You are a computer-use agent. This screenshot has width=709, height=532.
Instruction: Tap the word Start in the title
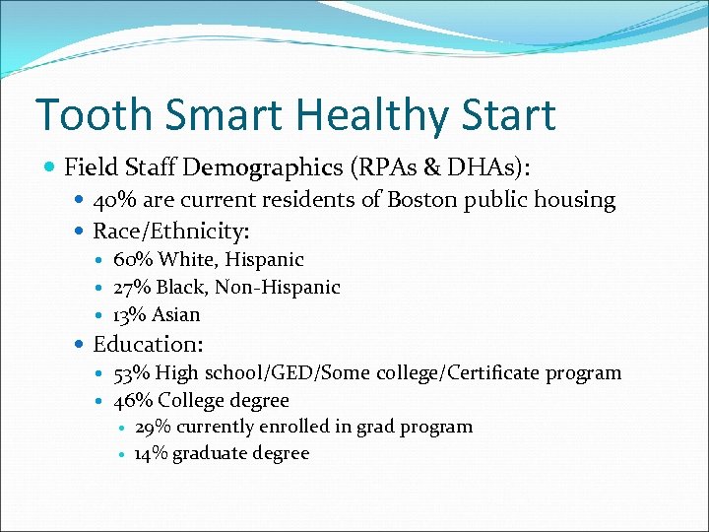(506, 115)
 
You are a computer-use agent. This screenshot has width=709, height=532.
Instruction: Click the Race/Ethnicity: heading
(170, 232)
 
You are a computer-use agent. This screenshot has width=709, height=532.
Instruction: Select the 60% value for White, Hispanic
(134, 260)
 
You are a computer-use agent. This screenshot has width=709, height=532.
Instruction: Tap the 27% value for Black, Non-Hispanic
(133, 288)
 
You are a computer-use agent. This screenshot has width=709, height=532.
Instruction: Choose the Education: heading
(148, 345)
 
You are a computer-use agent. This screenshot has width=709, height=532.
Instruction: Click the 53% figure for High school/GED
(133, 373)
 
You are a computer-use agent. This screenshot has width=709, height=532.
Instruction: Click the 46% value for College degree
(134, 401)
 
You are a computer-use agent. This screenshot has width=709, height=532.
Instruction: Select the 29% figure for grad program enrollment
(153, 428)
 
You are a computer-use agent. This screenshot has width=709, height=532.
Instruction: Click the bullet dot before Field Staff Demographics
(50, 168)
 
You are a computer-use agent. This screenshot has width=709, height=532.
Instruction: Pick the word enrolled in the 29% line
(296, 428)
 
